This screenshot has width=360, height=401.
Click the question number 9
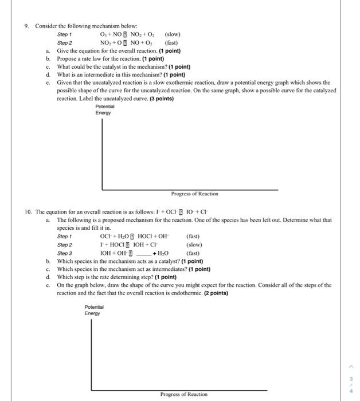26,26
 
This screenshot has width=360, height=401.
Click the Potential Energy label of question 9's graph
105,109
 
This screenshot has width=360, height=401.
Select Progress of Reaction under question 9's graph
194,194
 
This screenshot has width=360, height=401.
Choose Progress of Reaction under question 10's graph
184,394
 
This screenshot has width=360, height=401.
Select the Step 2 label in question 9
65,42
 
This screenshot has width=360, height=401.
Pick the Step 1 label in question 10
65,235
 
